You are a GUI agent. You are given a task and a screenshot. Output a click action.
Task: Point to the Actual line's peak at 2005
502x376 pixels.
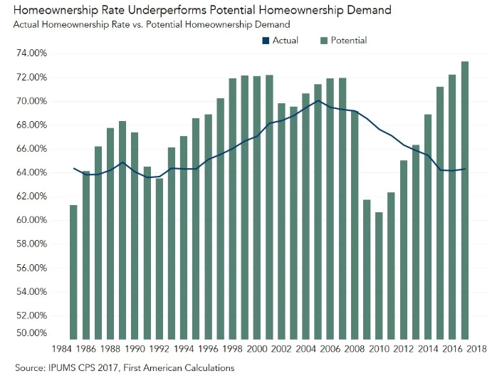318,100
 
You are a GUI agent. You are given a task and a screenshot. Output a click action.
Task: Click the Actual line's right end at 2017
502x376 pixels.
465,169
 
